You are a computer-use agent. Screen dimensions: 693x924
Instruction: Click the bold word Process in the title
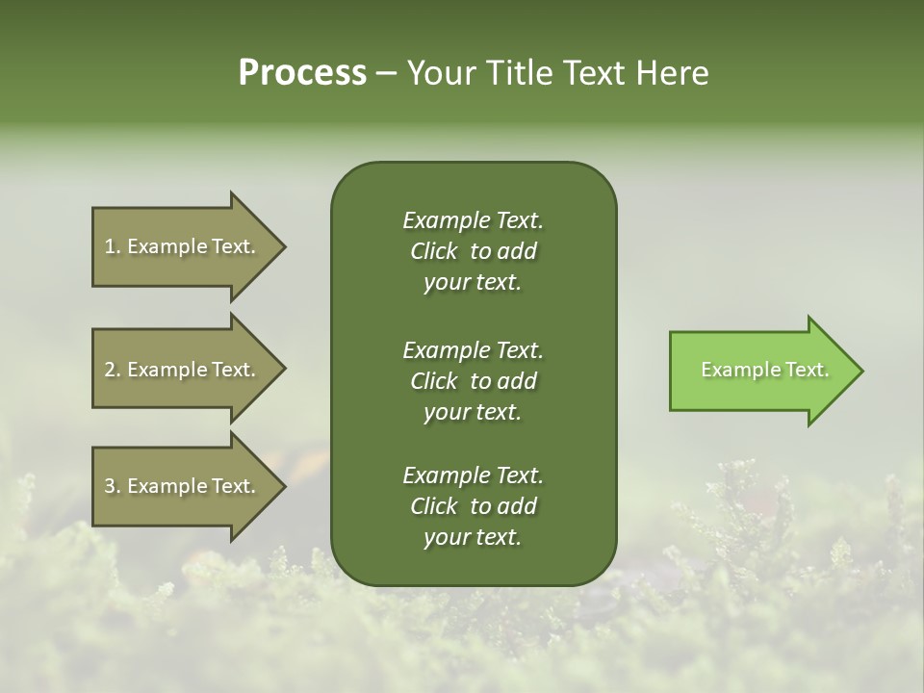pyautogui.click(x=302, y=73)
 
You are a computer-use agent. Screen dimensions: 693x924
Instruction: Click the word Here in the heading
pyautogui.click(x=671, y=73)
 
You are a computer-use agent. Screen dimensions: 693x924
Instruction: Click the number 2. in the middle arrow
pyautogui.click(x=113, y=370)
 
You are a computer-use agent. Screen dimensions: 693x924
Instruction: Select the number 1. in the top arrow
pyautogui.click(x=113, y=246)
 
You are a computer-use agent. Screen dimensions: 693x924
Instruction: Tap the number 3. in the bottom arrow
pyautogui.click(x=113, y=487)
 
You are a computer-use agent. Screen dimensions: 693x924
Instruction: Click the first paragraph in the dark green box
pyautogui.click(x=473, y=251)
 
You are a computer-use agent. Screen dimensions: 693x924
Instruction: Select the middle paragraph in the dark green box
pyautogui.click(x=473, y=381)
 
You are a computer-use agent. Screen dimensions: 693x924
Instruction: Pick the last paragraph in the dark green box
pyautogui.click(x=473, y=506)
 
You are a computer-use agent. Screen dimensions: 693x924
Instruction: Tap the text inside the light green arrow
pyautogui.click(x=764, y=370)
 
